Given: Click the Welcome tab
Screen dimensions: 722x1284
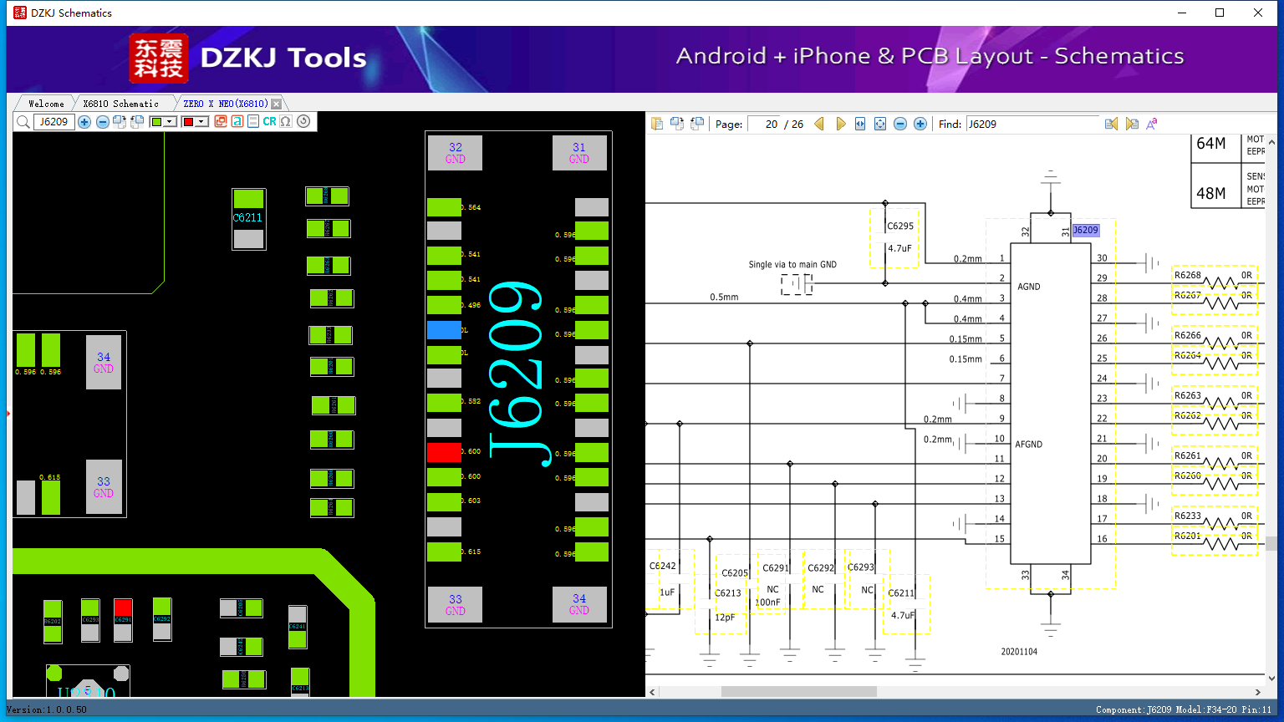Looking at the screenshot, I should click(46, 104).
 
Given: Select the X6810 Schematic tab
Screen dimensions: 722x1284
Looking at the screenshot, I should click(120, 104).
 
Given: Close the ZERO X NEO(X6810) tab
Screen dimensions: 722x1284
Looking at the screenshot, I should click(277, 104).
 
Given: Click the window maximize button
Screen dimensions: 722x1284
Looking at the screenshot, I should click(1220, 13).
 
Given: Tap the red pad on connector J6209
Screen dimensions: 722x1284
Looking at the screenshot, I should click(444, 452).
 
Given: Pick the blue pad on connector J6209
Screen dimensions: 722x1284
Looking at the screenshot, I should click(444, 330).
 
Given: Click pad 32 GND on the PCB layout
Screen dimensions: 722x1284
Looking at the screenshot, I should click(455, 153).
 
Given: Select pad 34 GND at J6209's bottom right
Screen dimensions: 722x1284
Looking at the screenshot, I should click(579, 604).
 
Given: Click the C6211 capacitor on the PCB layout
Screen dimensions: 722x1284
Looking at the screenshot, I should click(248, 218).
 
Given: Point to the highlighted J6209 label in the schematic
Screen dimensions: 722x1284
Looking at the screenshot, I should click(1085, 230).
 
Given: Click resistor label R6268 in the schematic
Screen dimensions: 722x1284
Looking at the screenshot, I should click(1187, 275).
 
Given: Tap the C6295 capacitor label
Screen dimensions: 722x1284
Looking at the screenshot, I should click(900, 226).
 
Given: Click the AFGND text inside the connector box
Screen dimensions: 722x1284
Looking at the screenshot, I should click(1028, 445).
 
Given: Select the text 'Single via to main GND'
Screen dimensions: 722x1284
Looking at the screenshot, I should click(792, 265).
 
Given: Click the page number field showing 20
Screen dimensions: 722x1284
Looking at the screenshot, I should click(764, 124).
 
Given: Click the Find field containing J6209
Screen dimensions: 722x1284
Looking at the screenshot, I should click(1032, 124).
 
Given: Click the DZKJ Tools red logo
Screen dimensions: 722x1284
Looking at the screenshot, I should click(159, 58).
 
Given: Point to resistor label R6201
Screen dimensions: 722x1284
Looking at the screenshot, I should click(1187, 536).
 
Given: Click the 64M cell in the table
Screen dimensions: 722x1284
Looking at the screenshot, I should click(1210, 144).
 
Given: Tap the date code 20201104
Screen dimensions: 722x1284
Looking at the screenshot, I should click(1019, 651).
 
